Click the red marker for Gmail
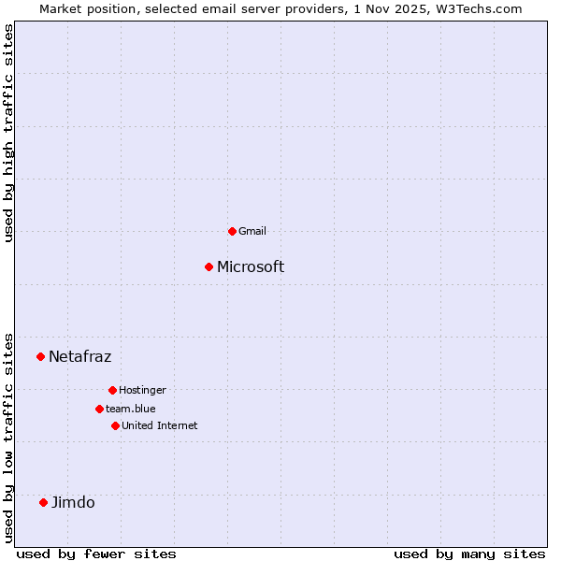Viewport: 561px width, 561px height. click(232, 231)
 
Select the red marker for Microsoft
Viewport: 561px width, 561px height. click(209, 266)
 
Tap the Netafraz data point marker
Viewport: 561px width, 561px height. click(40, 356)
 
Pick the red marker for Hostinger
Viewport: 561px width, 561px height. click(112, 390)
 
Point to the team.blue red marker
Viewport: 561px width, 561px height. click(99, 409)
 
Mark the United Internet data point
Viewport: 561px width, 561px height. click(115, 425)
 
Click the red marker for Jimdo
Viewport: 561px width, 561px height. click(43, 502)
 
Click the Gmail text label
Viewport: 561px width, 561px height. click(252, 231)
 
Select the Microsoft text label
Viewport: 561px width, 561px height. click(251, 266)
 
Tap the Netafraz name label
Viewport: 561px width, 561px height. click(79, 356)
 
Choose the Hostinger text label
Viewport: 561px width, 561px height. click(142, 390)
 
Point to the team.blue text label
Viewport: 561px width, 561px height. click(131, 409)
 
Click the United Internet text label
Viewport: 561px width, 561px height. click(160, 425)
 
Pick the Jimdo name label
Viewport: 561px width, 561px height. click(73, 502)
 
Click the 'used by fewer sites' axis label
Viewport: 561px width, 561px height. click(95, 554)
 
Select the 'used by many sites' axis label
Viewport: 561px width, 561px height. click(469, 554)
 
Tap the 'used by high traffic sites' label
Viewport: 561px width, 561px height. click(9, 134)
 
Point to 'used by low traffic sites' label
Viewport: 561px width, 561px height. click(9, 437)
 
